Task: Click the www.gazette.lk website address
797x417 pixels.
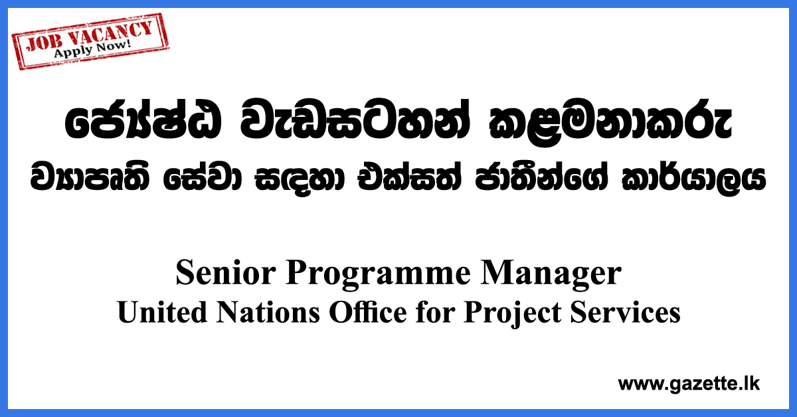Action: [689, 383]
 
